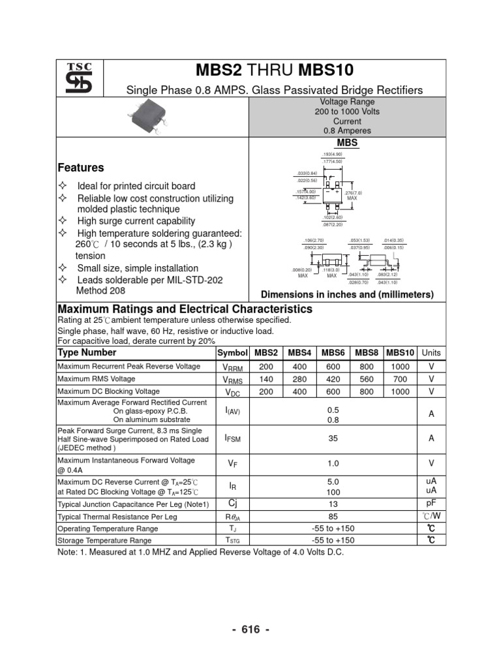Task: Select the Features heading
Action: click(x=81, y=168)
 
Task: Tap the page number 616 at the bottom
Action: click(x=250, y=630)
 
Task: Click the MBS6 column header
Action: click(x=333, y=352)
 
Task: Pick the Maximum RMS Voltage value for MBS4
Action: click(x=299, y=379)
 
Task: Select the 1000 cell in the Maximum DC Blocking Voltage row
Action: click(x=401, y=391)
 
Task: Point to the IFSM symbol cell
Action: click(x=233, y=439)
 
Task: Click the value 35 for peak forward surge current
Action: click(x=333, y=439)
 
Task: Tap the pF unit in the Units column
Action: click(x=431, y=504)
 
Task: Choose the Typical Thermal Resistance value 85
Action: click(x=333, y=516)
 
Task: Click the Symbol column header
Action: click(x=233, y=352)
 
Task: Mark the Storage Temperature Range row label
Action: click(x=104, y=540)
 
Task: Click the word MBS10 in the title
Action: click(x=327, y=70)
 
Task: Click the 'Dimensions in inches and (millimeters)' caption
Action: click(x=347, y=294)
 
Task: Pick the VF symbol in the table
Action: click(x=233, y=464)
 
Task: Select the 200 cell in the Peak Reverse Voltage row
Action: click(x=266, y=367)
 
